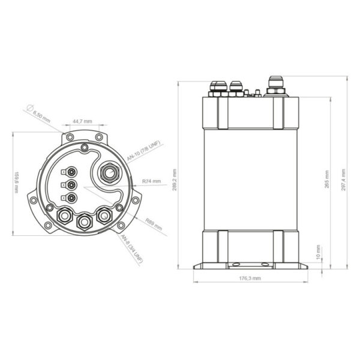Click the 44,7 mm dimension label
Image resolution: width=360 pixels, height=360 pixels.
pos(83,122)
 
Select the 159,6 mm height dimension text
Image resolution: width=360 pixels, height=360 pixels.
pos(18,182)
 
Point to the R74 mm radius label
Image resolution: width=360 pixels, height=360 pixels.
pos(152,181)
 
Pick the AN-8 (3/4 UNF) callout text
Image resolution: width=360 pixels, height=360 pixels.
pos(132,249)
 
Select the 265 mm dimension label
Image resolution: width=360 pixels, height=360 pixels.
pos(326,181)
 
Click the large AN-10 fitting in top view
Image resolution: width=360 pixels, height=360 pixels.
pos(109,173)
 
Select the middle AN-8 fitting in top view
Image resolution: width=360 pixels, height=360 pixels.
pos(83,221)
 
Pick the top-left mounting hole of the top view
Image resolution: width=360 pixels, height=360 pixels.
pos(70,138)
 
